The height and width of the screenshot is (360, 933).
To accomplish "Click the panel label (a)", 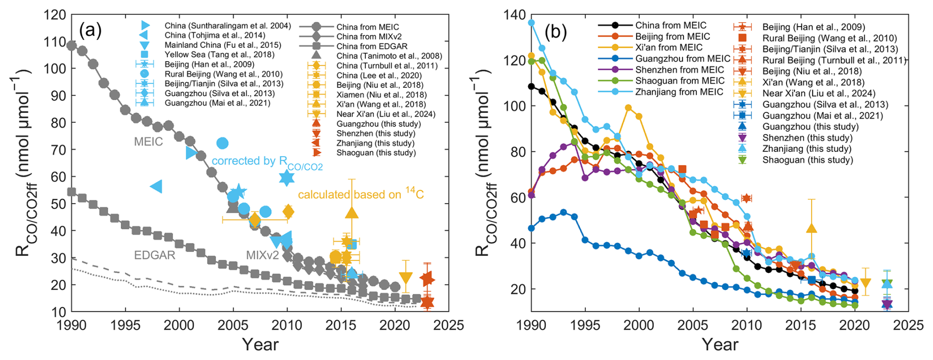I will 90,31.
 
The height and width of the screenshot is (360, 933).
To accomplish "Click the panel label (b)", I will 555,32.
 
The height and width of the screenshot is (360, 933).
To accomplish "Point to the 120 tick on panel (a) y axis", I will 55,15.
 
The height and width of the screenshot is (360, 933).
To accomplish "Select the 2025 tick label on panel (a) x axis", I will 448,325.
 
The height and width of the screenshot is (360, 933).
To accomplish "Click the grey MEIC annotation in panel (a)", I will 148,142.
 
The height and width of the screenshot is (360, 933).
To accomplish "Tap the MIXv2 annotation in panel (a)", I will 262,255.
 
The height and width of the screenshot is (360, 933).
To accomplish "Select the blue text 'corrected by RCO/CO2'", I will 267,162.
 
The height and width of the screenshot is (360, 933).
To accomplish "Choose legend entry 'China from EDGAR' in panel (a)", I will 372,46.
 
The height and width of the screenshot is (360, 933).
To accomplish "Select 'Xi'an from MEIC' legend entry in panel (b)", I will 669,47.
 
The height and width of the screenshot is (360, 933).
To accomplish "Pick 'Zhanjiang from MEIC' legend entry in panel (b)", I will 679,92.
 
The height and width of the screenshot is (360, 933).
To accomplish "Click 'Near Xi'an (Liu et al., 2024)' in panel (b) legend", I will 819,93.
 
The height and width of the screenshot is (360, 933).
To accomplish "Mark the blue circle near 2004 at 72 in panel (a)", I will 222,143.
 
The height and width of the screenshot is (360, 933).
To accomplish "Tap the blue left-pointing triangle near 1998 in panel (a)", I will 156,186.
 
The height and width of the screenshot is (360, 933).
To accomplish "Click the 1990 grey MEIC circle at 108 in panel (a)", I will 72,46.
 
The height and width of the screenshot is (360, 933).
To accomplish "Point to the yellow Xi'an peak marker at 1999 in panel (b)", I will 628,108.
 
